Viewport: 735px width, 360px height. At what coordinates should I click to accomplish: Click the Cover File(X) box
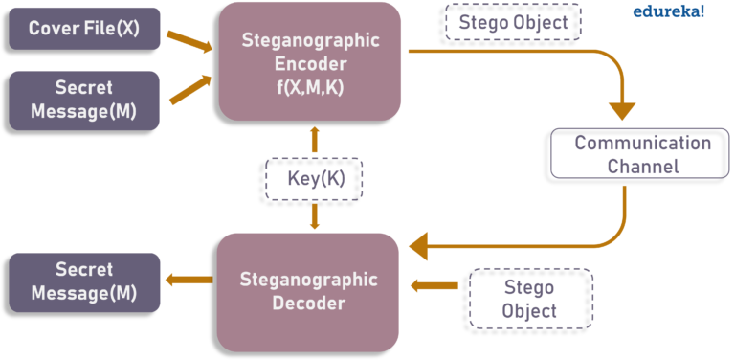pyautogui.click(x=84, y=29)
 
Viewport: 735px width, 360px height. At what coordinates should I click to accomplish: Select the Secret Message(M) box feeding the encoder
pyautogui.click(x=84, y=100)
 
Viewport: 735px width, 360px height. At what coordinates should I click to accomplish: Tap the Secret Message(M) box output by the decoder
pyautogui.click(x=84, y=281)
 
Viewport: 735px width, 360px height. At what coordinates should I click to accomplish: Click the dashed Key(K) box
pyautogui.click(x=315, y=178)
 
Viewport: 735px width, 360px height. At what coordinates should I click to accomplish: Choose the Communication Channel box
pyautogui.click(x=640, y=153)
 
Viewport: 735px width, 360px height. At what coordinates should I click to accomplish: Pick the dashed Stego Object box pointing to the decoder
pyautogui.click(x=530, y=299)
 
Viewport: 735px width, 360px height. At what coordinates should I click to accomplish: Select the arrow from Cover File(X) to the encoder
pyautogui.click(x=189, y=40)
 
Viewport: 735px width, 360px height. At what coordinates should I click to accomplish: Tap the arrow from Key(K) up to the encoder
pyautogui.click(x=315, y=140)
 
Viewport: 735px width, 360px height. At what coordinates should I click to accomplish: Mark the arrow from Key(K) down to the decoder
pyautogui.click(x=315, y=216)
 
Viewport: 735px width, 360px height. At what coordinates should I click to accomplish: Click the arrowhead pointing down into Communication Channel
pyautogui.click(x=622, y=110)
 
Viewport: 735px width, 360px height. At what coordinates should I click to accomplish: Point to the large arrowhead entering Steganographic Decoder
pyautogui.click(x=419, y=247)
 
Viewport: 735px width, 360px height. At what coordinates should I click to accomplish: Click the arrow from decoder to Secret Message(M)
pyautogui.click(x=188, y=281)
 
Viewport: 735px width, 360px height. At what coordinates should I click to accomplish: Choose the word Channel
pyautogui.click(x=642, y=166)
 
